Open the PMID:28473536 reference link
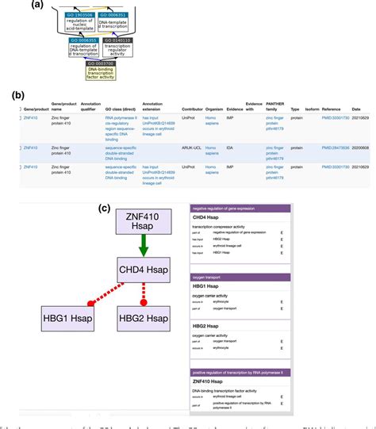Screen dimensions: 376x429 pyautogui.click(x=335, y=147)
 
